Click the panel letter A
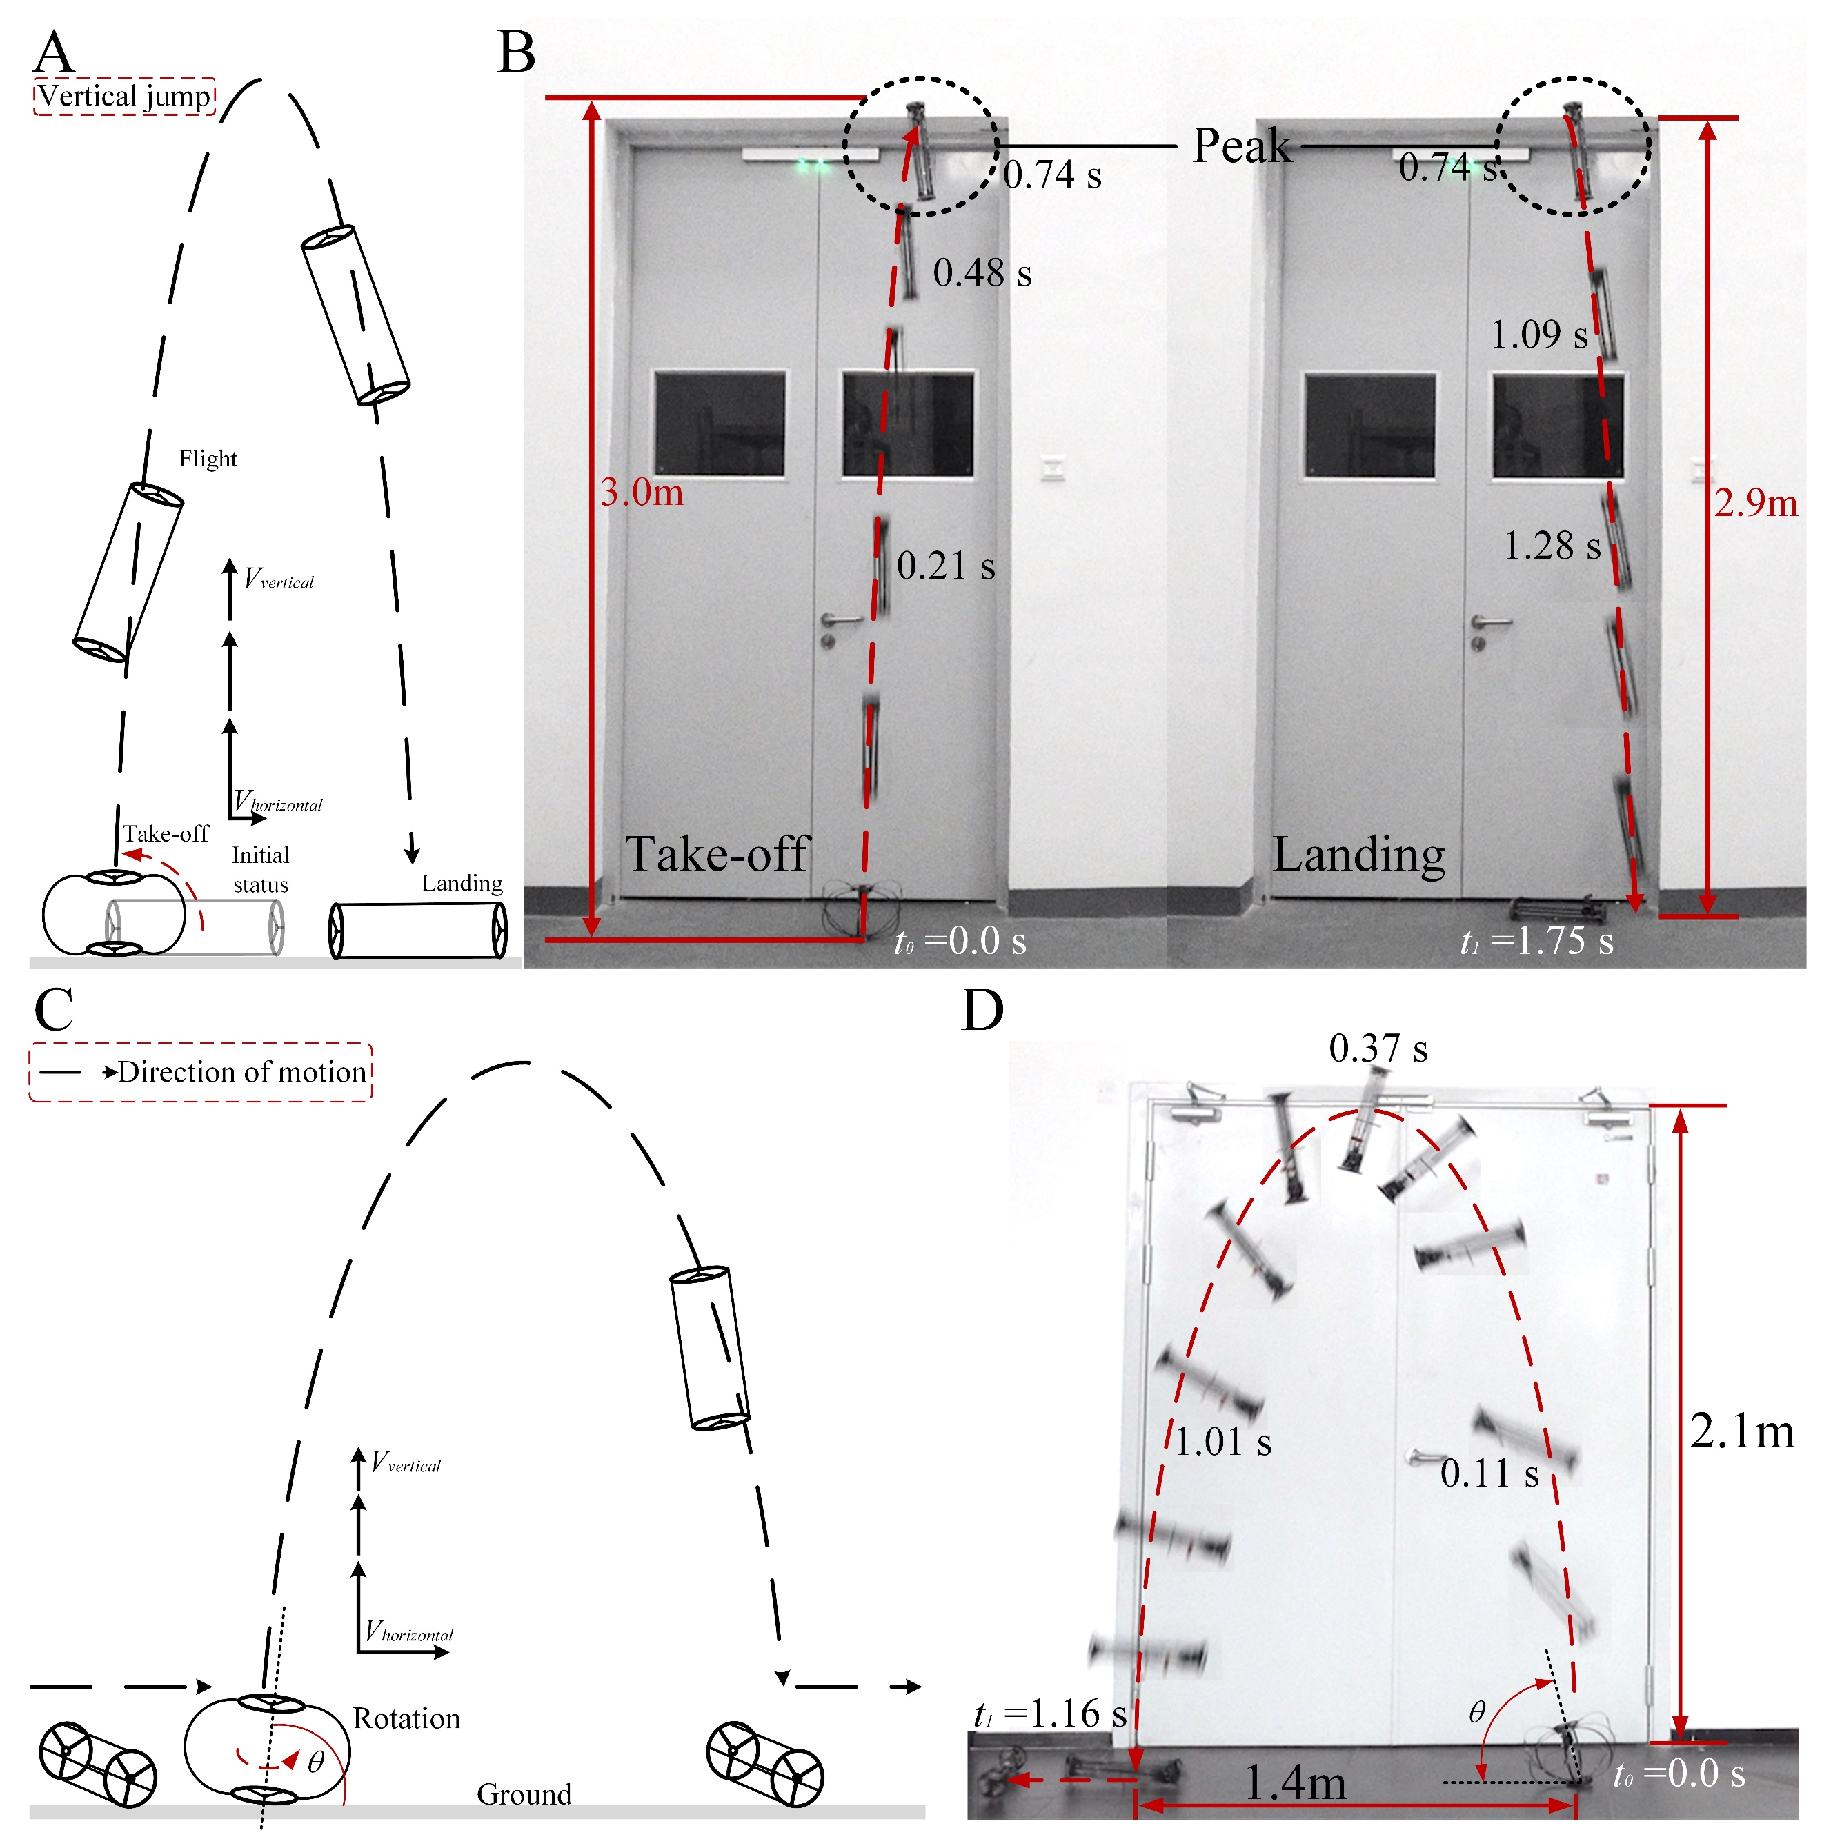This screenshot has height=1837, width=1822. click(53, 52)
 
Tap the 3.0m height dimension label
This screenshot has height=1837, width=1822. click(642, 493)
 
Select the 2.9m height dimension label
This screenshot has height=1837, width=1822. click(1756, 503)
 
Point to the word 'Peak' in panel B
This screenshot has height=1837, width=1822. click(1242, 146)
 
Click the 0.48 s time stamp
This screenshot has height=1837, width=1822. click(982, 273)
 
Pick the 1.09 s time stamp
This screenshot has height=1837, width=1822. click(1538, 335)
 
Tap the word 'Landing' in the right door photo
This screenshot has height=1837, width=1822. click(1359, 855)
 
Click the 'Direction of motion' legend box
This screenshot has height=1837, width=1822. click(201, 1073)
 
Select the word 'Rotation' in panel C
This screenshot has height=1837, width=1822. click(406, 1718)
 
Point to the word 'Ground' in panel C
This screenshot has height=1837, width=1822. click(524, 1794)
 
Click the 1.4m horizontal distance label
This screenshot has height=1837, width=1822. click(1295, 1782)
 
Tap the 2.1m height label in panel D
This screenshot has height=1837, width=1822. click(1742, 1431)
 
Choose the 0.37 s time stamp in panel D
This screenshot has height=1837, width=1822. click(1378, 1049)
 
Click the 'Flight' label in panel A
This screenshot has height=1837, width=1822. click(208, 459)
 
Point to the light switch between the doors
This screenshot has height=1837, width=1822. click(1052, 469)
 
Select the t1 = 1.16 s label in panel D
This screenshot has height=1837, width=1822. click(1050, 1714)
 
